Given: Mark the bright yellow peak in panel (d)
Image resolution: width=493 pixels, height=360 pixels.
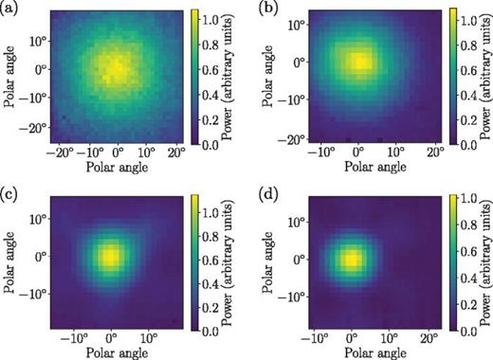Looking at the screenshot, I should point(351,258).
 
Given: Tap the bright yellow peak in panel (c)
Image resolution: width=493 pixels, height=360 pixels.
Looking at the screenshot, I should point(111,256).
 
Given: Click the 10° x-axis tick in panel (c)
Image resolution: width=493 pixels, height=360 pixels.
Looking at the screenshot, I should point(150,336).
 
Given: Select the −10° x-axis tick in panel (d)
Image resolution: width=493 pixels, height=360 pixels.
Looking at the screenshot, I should point(315,336).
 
